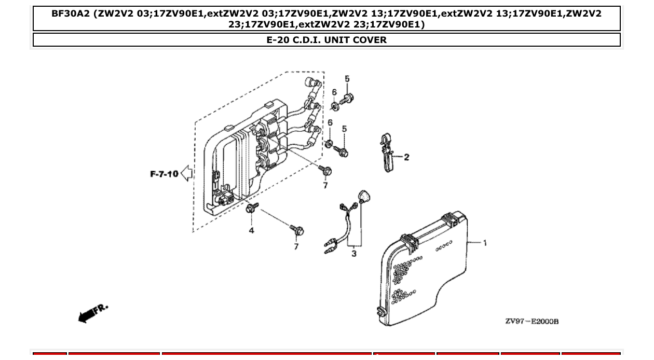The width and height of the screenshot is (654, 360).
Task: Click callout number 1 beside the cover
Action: pyautogui.click(x=485, y=243)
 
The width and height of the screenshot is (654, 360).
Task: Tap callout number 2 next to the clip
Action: pyautogui.click(x=406, y=157)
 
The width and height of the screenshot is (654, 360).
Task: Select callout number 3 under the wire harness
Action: pyautogui.click(x=354, y=254)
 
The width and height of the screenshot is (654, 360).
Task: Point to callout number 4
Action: pyautogui.click(x=251, y=230)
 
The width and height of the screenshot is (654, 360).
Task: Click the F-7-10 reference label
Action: pyautogui.click(x=164, y=174)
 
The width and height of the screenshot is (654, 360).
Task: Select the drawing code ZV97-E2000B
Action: pyautogui.click(x=532, y=321)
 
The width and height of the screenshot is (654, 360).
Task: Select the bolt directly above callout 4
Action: pyautogui.click(x=252, y=209)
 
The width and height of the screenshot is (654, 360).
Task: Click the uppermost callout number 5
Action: pyautogui.click(x=347, y=79)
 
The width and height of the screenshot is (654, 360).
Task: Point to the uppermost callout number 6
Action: pyautogui.click(x=334, y=92)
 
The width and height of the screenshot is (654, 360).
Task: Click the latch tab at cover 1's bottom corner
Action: pyautogui.click(x=379, y=311)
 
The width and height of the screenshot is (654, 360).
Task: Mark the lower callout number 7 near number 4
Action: pyautogui.click(x=296, y=246)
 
